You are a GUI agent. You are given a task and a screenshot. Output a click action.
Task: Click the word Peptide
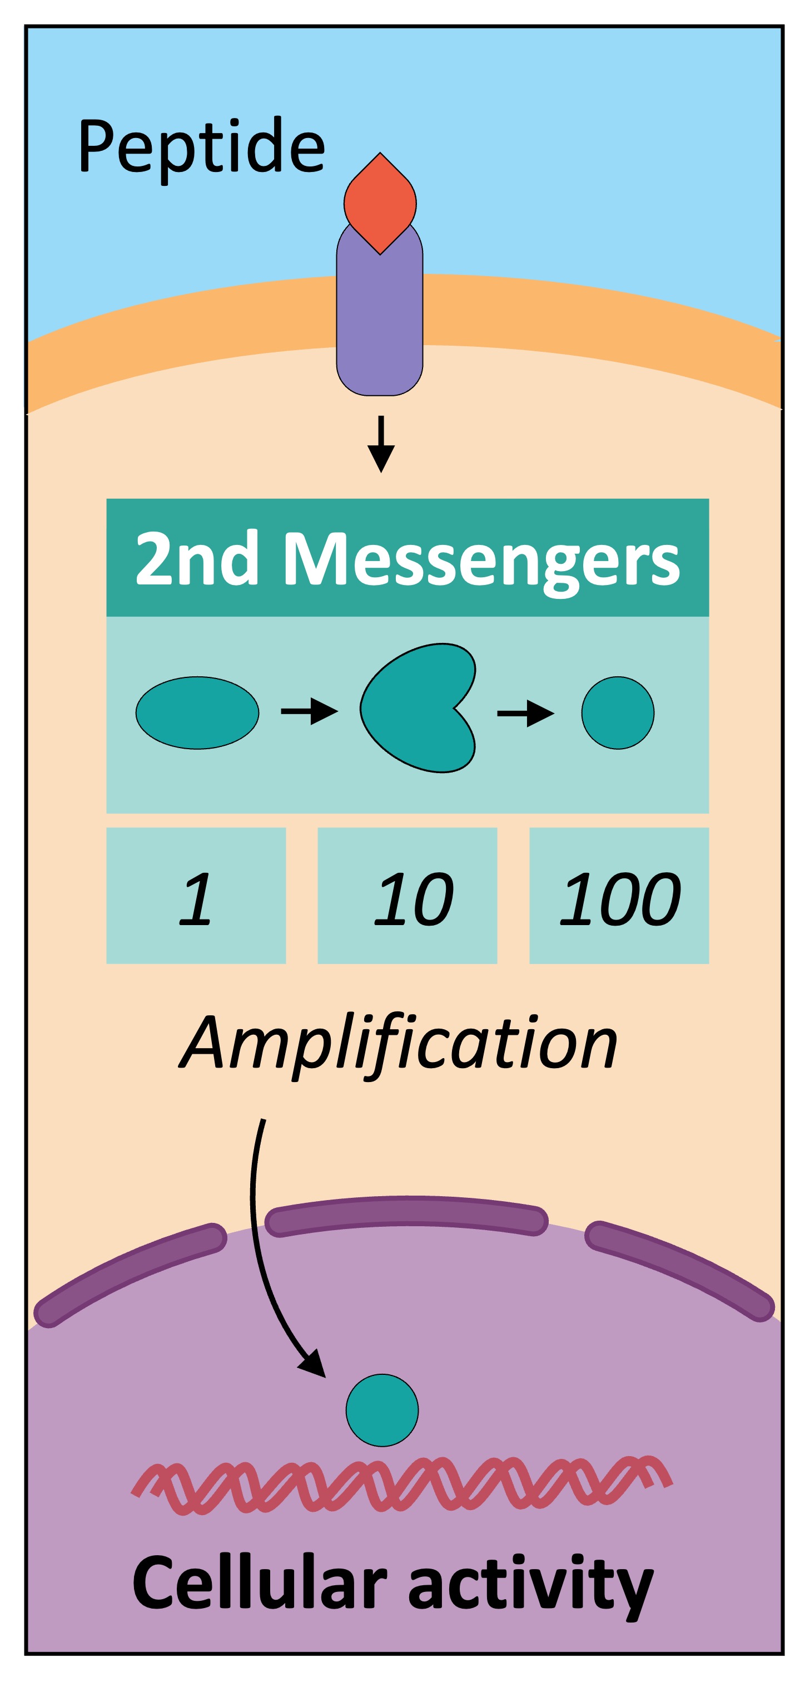201,148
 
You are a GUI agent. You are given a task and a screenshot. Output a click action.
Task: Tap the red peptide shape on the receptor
380,203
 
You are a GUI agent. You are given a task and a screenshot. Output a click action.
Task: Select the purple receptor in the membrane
380,321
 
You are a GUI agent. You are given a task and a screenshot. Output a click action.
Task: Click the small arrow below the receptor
381,445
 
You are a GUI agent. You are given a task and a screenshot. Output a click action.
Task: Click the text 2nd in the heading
196,558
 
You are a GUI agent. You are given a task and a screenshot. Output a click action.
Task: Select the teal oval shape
197,712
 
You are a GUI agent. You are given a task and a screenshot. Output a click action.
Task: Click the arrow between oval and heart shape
309,711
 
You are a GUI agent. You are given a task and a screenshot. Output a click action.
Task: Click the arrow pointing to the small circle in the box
526,713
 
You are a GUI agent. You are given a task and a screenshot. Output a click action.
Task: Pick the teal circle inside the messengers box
617,712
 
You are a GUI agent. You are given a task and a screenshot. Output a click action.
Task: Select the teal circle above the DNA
382,1410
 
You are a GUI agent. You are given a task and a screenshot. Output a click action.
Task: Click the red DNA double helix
402,1485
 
